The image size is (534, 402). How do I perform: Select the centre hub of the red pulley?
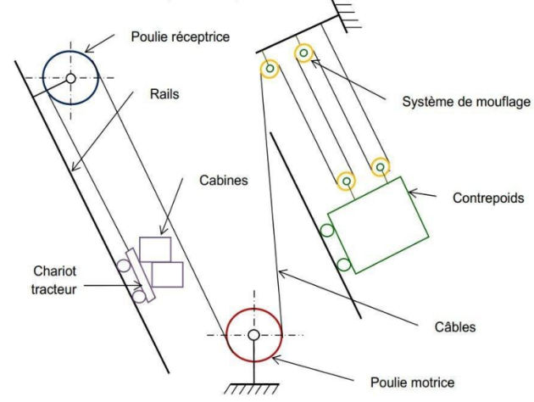point(253,335)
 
